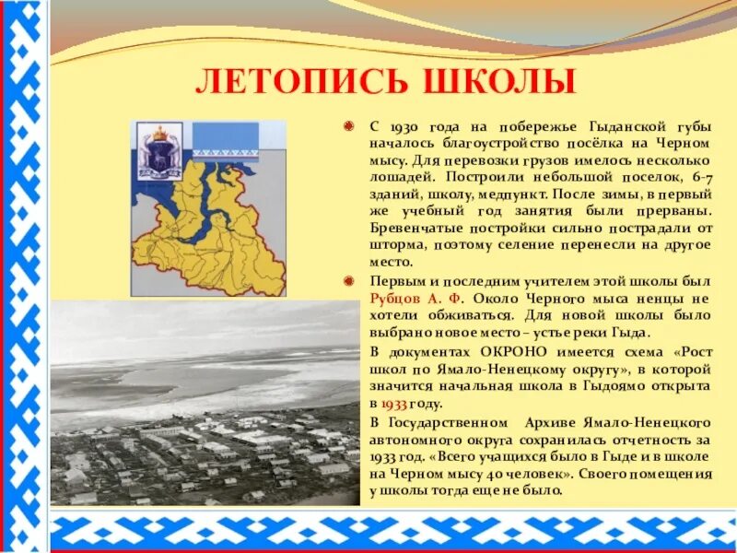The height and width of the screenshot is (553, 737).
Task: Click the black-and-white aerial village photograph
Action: pos(205,406)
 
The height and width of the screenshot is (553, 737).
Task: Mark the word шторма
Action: pos(394,246)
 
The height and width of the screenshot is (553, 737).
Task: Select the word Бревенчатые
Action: pos(412,229)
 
